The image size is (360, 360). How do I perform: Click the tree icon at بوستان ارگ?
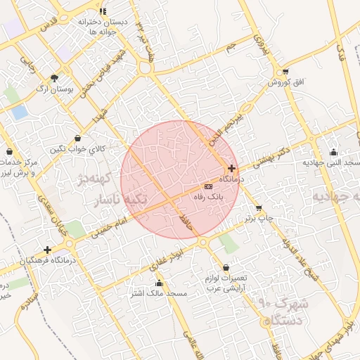[x=55, y=77]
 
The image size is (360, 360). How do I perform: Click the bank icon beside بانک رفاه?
[x=207, y=186]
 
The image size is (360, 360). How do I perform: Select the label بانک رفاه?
[x=208, y=198]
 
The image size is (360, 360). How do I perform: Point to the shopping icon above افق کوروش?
[x=285, y=72]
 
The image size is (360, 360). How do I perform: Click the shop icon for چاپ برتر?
[x=259, y=208]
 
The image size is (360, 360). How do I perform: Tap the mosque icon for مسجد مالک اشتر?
[x=160, y=283]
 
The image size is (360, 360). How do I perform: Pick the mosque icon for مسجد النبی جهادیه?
[x=333, y=152]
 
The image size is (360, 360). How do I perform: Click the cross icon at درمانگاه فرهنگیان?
[x=47, y=250]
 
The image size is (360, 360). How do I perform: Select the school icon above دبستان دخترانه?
[x=103, y=11]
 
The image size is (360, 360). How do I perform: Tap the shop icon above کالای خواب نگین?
[x=77, y=138]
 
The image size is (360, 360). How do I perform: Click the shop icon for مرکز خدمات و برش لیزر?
[x=9, y=152]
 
